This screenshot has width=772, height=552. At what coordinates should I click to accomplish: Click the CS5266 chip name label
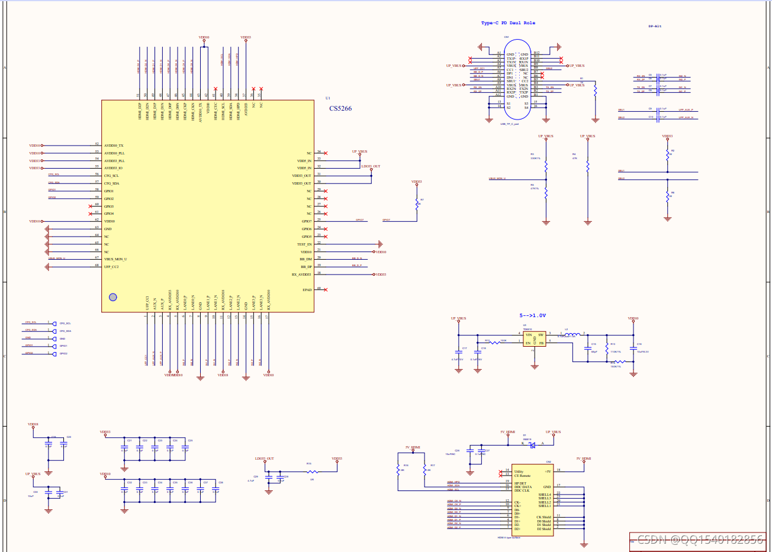[x=340, y=108]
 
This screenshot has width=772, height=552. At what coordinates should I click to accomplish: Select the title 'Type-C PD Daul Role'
[x=508, y=23]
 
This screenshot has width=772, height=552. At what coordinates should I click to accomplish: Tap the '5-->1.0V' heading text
[x=533, y=316]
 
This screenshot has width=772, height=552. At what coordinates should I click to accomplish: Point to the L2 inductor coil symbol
[x=572, y=335]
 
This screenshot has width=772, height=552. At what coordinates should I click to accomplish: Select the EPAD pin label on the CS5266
[x=307, y=290]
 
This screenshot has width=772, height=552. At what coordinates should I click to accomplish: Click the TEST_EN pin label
[x=304, y=244]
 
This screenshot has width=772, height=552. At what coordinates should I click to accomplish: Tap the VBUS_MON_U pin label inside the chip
[x=115, y=259]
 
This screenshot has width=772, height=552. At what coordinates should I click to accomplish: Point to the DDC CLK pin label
[x=522, y=490]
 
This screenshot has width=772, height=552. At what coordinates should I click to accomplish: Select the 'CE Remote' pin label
[x=522, y=476]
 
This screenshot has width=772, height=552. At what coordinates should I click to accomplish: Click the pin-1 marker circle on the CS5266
[x=113, y=297]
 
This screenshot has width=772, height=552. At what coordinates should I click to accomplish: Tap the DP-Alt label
[x=655, y=26]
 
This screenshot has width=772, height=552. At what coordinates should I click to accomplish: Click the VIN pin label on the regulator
[x=529, y=335]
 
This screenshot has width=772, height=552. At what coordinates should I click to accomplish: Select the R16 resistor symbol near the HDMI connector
[x=398, y=469]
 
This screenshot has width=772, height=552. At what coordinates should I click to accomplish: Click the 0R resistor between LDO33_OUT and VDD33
[x=313, y=472]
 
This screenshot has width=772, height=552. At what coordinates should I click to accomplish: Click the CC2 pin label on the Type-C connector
[x=525, y=82]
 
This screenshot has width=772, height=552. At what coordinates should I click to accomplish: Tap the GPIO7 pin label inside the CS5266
[x=306, y=221]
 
